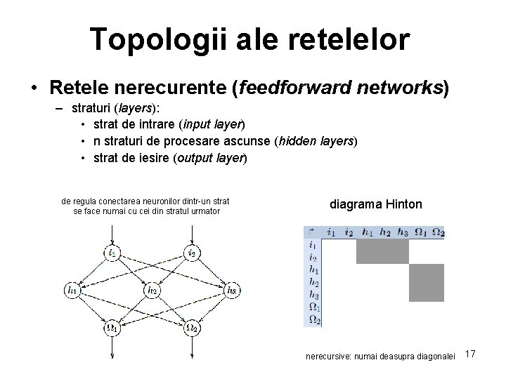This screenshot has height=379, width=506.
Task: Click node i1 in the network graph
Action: [x=112, y=252]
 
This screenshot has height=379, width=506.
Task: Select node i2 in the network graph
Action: [x=191, y=252]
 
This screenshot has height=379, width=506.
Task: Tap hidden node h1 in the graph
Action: [x=71, y=289]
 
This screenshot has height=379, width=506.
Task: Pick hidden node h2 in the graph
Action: [x=152, y=289]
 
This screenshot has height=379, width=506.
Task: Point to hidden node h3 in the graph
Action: [x=232, y=289]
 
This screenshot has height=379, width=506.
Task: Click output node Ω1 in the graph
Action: [x=112, y=326]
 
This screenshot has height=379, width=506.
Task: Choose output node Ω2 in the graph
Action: [x=191, y=326]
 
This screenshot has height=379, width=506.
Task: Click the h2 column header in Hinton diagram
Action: [x=384, y=232]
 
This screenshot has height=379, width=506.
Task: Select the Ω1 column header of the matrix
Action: [x=420, y=232]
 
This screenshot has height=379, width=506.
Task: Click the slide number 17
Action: [x=470, y=354]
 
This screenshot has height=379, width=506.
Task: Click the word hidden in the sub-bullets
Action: [x=295, y=140]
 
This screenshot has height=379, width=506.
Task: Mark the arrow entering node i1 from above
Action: [x=112, y=237]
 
